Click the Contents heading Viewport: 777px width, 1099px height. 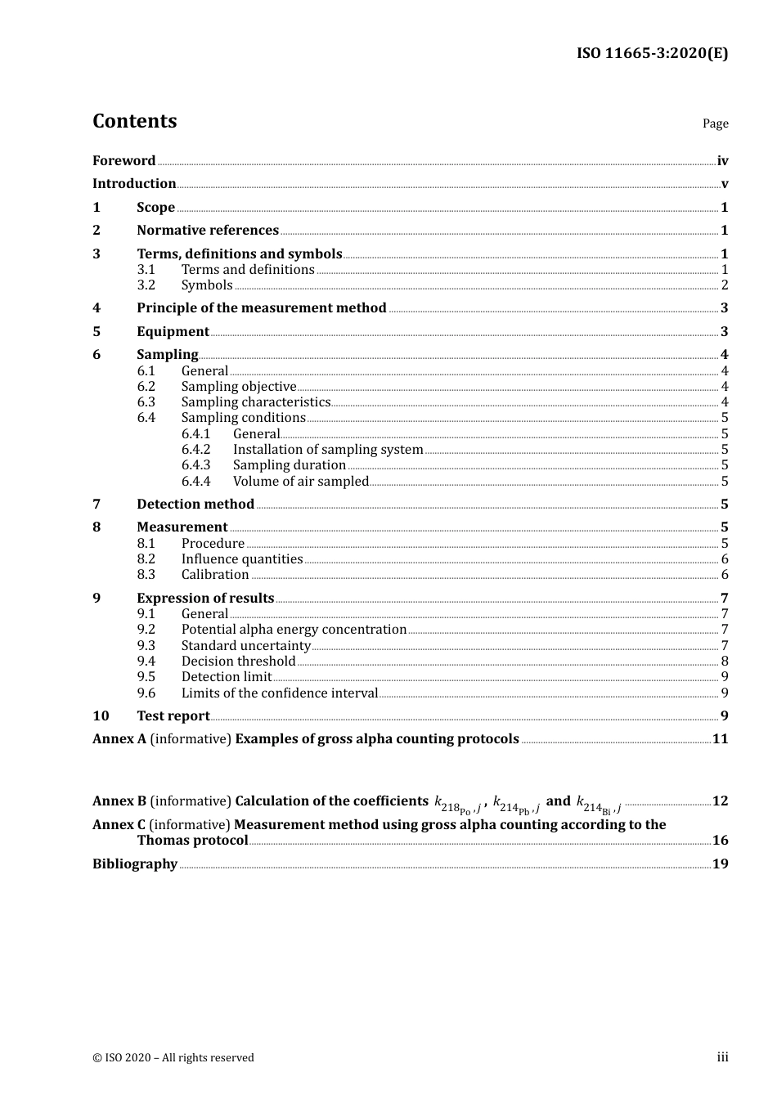(134, 121)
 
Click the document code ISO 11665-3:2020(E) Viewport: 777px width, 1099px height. (652, 54)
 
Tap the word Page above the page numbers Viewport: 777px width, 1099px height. (715, 123)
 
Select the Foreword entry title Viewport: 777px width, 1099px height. (124, 161)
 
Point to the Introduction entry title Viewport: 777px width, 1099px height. (134, 184)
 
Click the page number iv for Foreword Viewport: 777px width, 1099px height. (722, 161)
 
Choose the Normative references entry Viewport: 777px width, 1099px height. (208, 231)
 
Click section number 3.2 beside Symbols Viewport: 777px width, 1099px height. (146, 285)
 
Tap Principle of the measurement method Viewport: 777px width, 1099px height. (261, 308)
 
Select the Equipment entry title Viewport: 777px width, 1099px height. (173, 332)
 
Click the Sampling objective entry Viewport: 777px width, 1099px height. (239, 387)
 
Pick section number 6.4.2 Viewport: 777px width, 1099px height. (196, 450)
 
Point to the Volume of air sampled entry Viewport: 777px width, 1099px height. (301, 482)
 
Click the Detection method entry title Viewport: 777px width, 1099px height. (195, 505)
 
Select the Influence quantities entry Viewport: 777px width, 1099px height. (242, 559)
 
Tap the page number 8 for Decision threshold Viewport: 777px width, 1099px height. (725, 662)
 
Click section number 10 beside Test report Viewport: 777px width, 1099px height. (101, 716)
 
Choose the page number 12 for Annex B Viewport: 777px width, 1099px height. (720, 801)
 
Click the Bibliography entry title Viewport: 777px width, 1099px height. (135, 864)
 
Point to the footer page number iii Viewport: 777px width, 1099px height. (722, 1057)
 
